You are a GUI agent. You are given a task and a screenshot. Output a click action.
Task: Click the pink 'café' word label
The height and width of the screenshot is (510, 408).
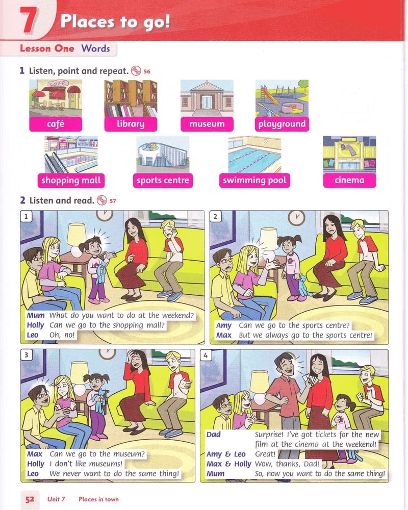pos(56,124)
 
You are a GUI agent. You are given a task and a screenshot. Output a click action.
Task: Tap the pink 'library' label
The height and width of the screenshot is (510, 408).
pos(131,124)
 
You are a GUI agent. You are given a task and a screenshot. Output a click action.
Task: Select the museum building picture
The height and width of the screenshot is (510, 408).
pos(207,98)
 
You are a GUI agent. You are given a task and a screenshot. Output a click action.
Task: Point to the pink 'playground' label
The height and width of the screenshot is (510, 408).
pos(282,124)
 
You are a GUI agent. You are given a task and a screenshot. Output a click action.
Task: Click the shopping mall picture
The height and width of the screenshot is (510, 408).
pos(71,155)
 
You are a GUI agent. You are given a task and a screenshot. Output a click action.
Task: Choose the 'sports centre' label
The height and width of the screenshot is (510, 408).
pos(163,181)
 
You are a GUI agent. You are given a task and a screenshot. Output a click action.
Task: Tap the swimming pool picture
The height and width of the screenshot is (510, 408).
pos(254,155)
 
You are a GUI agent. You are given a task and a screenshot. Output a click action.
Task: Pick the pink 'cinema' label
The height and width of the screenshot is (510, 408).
pos(349,181)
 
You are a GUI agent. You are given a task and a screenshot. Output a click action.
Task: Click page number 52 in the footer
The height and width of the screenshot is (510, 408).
pos(30,499)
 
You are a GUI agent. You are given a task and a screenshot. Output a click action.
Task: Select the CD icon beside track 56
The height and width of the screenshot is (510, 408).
pos(136,71)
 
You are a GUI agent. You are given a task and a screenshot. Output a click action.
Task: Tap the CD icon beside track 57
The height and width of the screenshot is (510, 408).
pos(102,200)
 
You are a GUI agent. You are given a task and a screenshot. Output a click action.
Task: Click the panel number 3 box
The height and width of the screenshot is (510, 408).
pos(27,355)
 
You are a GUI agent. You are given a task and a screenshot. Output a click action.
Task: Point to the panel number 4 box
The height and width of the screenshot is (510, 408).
pos(206,355)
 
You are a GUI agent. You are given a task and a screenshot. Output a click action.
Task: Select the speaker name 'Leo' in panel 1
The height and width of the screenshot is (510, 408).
pos(33,335)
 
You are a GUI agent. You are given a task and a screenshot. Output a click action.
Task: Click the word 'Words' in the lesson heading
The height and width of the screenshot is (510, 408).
pos(96,48)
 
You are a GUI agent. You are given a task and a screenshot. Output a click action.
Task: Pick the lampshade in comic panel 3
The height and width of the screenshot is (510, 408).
pos(80,373)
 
